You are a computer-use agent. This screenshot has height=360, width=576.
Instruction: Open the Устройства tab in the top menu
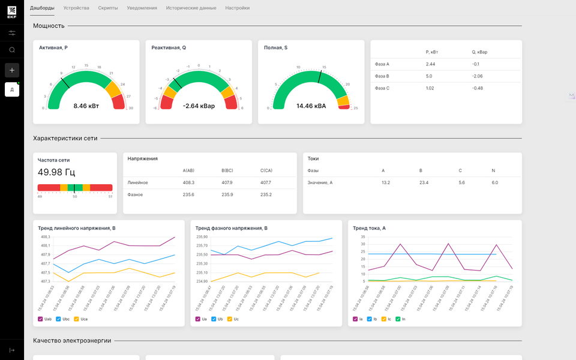[x=76, y=8]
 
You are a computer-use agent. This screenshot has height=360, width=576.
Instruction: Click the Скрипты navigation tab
[x=108, y=8]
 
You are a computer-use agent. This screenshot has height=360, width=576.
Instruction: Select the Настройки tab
[x=238, y=8]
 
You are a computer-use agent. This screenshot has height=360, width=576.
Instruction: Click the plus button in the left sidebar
[x=12, y=70]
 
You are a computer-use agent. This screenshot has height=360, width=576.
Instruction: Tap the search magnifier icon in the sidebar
[x=12, y=50]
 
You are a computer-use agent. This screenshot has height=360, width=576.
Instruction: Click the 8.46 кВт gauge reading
[x=86, y=106]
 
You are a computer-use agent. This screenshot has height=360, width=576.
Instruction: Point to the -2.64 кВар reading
[x=199, y=106]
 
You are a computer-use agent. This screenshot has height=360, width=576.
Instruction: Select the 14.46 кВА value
[x=311, y=106]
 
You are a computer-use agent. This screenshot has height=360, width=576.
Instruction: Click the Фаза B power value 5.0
[x=430, y=76]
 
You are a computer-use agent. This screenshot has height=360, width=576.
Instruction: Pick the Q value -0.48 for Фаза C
[x=478, y=88]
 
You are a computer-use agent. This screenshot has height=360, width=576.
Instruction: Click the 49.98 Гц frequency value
[x=56, y=172]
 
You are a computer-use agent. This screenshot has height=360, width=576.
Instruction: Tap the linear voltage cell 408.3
[x=188, y=182]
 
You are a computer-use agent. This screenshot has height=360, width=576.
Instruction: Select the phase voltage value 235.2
[x=266, y=194]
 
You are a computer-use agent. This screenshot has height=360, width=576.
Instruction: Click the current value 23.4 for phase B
[x=424, y=182]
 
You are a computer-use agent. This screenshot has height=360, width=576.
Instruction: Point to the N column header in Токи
[x=493, y=170]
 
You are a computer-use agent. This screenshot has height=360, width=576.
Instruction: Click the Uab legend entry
[x=48, y=319]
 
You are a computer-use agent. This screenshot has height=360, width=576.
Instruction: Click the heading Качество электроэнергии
[x=72, y=340]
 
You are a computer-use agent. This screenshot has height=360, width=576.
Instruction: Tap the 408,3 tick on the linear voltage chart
[x=46, y=237]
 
